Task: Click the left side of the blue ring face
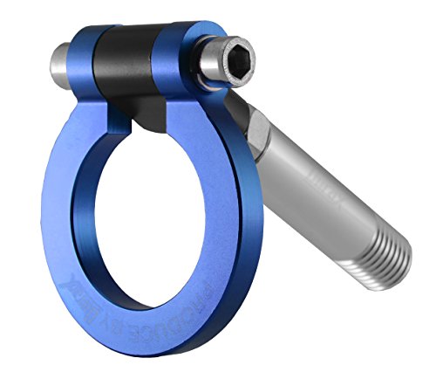(61, 227)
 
